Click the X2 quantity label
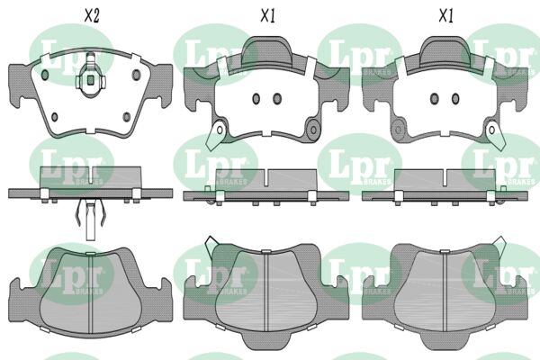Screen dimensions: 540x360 tap(92, 16)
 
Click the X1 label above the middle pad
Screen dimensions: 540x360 tap(267, 16)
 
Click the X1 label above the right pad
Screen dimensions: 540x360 tap(446, 16)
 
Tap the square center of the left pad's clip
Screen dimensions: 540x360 tap(90, 80)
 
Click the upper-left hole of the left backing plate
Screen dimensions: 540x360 tap(45, 75)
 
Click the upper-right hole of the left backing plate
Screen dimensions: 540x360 tap(137, 75)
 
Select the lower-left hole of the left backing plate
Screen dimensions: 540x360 tap(54, 117)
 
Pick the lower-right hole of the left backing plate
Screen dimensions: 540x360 tap(127, 117)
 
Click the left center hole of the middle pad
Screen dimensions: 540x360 tap(256, 99)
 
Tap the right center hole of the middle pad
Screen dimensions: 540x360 tap(277, 99)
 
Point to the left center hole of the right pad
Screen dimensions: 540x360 tap(435, 99)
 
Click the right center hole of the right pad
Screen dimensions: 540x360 tap(455, 99)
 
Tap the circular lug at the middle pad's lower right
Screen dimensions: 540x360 tap(313, 130)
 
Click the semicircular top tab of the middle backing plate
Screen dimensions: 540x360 tap(266, 50)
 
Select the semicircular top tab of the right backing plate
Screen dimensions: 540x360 tap(445, 50)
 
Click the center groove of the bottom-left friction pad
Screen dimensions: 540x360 tap(91, 293)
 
